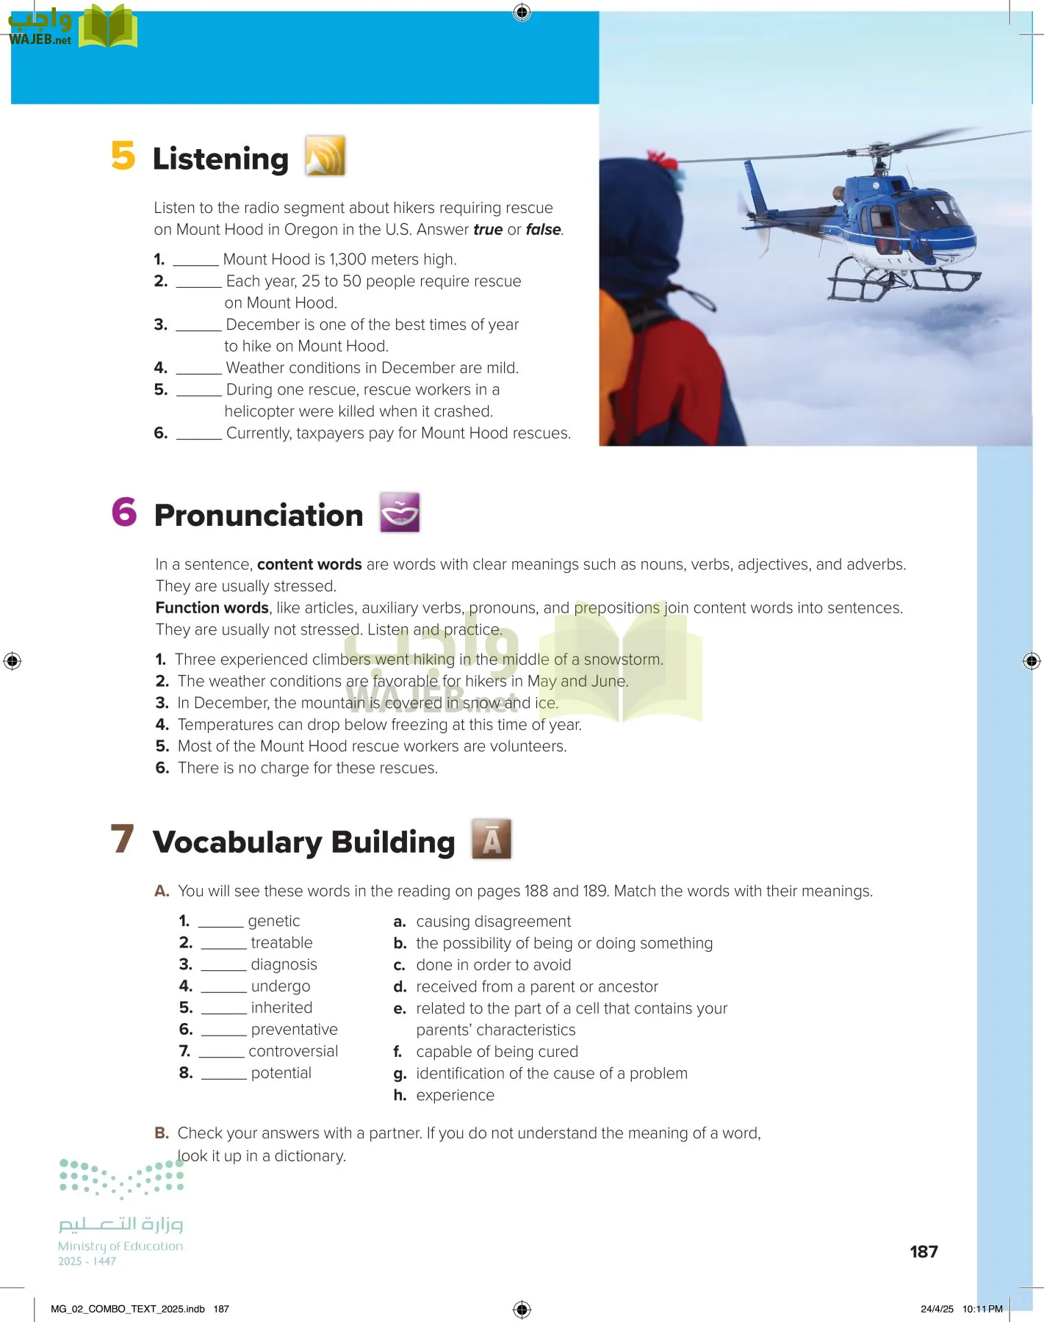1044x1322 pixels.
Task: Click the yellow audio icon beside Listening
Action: [325, 156]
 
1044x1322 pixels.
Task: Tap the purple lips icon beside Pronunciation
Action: [400, 513]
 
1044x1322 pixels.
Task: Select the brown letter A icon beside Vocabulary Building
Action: [492, 839]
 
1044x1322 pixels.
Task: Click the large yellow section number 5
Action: [123, 156]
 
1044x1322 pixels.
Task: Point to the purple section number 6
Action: [124, 512]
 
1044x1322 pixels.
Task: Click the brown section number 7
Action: [123, 839]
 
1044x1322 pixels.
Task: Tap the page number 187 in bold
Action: [924, 1251]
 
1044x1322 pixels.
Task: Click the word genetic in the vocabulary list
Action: [274, 921]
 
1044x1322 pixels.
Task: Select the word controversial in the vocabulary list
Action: [293, 1051]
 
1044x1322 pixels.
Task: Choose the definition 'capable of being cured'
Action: [497, 1052]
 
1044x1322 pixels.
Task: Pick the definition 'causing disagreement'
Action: [493, 922]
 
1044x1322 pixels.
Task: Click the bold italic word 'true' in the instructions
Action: [488, 230]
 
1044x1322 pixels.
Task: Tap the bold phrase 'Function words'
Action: [212, 608]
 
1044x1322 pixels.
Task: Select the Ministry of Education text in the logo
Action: [120, 1246]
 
